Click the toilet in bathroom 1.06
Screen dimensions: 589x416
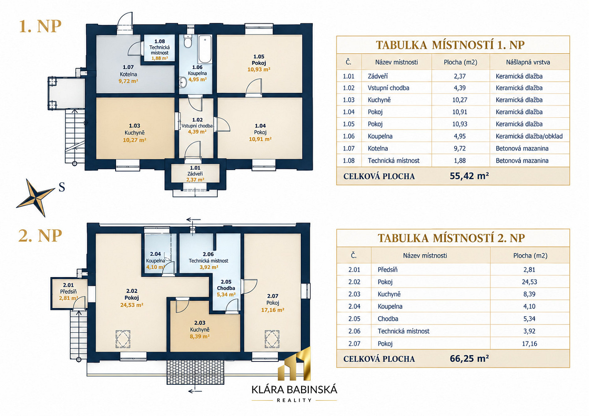point(188,41)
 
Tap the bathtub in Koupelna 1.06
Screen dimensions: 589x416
point(205,49)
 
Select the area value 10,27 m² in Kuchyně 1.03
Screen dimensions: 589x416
point(134,140)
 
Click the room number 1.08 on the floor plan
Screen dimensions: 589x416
point(160,41)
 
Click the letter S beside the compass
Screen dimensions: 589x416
point(62,187)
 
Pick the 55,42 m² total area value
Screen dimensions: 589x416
point(469,176)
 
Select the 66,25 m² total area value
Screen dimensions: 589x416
point(469,358)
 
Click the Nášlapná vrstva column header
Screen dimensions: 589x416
point(528,62)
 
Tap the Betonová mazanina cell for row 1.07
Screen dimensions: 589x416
point(522,149)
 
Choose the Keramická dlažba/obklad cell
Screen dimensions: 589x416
point(529,136)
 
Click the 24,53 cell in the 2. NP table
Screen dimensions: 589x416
point(530,282)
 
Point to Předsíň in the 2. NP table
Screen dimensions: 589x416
point(387,270)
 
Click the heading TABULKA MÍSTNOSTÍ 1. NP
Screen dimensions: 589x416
point(450,45)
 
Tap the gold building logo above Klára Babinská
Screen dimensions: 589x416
point(294,364)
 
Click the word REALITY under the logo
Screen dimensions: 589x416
point(294,400)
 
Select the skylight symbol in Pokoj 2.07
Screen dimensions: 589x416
point(272,339)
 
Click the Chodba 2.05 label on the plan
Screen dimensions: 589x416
point(226,288)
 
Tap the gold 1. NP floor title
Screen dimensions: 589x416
point(40,26)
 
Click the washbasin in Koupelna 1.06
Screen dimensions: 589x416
point(183,82)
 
